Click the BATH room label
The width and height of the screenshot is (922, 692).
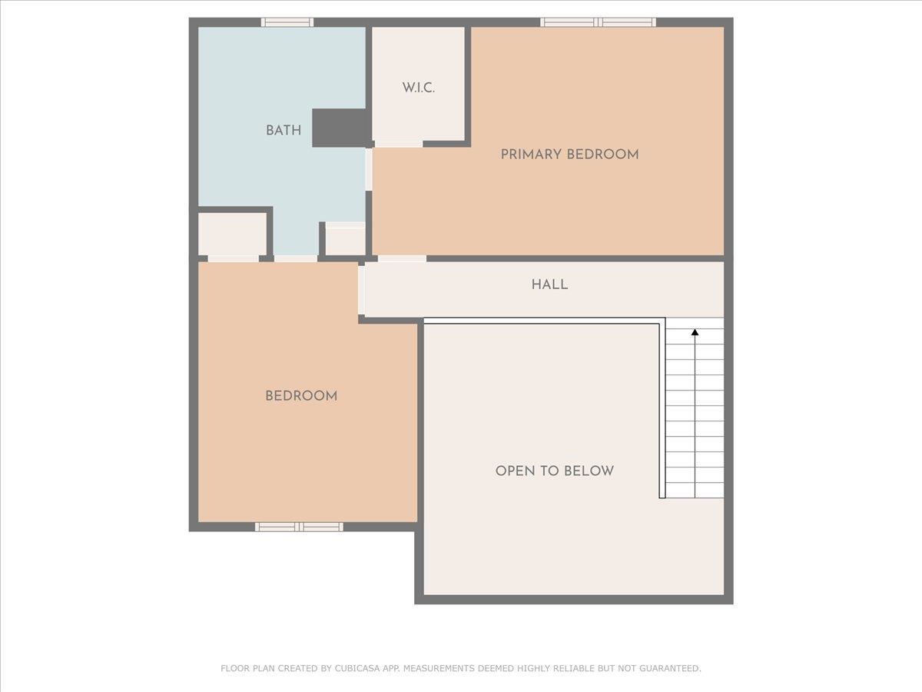[x=284, y=131]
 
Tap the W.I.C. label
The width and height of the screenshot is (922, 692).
[x=418, y=88]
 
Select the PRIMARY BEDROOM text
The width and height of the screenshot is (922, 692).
[x=569, y=155]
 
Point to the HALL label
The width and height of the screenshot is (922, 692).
[x=549, y=284]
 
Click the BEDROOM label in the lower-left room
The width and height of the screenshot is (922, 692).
[x=301, y=396]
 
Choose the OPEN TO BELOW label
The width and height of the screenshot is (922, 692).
[x=554, y=471]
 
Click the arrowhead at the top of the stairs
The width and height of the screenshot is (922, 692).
[x=695, y=333]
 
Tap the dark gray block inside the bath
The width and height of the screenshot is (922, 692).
[x=339, y=128]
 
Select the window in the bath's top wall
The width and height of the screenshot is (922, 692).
[x=287, y=22]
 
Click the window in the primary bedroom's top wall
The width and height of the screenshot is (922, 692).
[x=599, y=22]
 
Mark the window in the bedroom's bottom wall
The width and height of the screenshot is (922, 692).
[x=299, y=527]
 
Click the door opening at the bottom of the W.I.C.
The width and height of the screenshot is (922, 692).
[x=398, y=144]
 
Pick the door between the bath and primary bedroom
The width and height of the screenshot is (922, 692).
[x=369, y=169]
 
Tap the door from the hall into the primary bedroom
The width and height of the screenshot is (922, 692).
[x=402, y=258]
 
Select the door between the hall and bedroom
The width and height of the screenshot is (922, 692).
[x=361, y=290]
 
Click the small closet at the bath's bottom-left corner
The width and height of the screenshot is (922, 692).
[x=232, y=234]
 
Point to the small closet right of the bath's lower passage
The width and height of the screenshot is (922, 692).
[x=345, y=241]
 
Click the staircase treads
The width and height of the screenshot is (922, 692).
[x=695, y=415]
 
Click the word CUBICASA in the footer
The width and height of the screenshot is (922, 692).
[x=354, y=669]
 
